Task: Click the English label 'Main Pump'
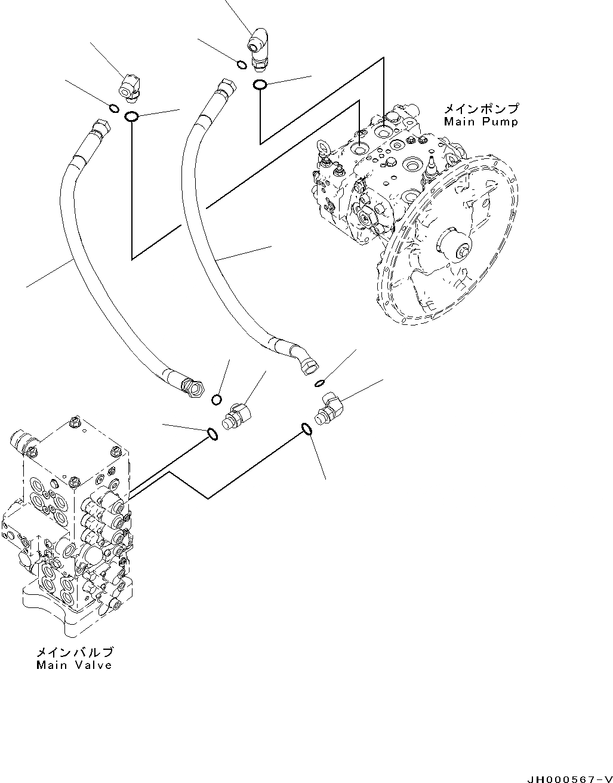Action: point(480,122)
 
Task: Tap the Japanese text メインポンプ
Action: point(480,109)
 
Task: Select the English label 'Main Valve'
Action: point(74,665)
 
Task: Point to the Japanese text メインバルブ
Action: point(74,652)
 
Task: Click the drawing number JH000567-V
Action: point(568,778)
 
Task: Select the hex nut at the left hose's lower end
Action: point(192,389)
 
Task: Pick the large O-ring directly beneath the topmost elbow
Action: point(260,85)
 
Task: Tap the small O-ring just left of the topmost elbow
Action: point(241,65)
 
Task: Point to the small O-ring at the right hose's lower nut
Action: point(320,382)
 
